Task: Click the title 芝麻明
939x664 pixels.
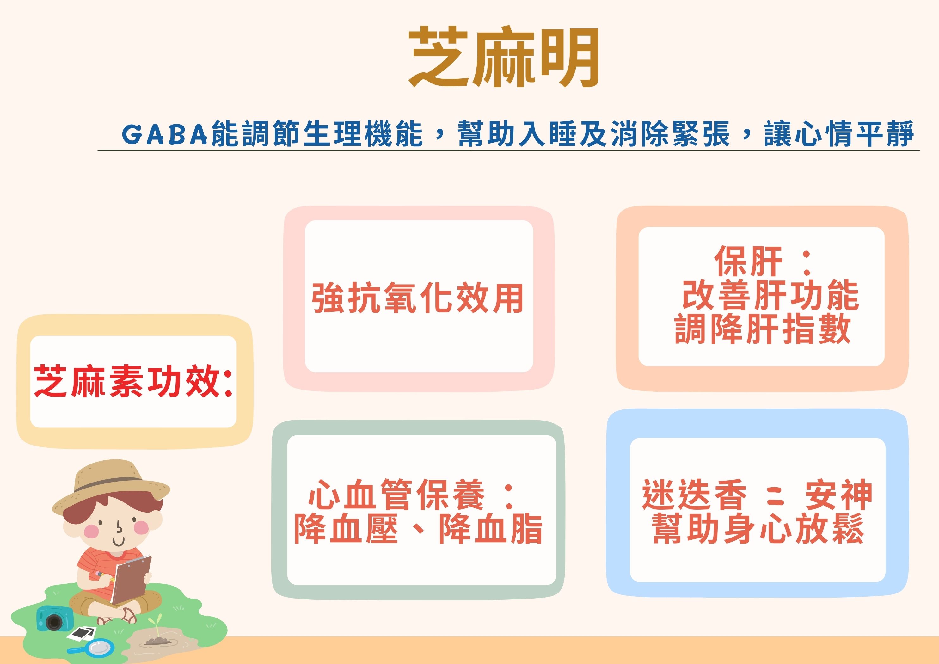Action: pos(504,58)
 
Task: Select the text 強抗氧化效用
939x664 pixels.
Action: pos(418,298)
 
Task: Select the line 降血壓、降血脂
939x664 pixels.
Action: pos(418,529)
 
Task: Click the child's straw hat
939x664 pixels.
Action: pos(111,486)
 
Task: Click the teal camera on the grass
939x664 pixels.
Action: pos(54,618)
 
